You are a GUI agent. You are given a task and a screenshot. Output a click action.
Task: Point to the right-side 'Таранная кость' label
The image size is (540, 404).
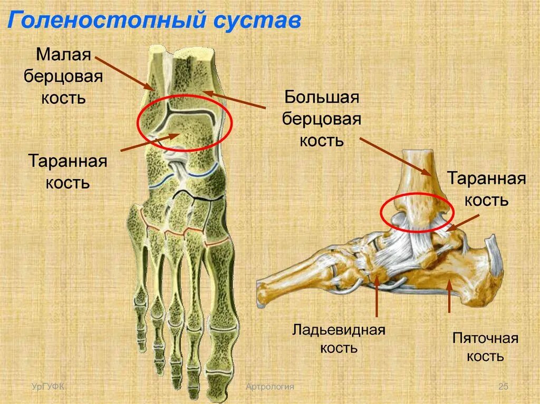[x=486, y=189]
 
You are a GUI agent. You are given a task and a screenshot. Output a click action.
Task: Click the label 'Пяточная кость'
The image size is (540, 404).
[x=485, y=347]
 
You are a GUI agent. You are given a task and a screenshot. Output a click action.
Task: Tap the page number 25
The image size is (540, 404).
[x=503, y=388]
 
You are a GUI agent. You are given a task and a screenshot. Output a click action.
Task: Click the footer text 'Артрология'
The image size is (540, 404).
[x=269, y=388]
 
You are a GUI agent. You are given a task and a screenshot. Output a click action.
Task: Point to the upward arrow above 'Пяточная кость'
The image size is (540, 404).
[x=449, y=295]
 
